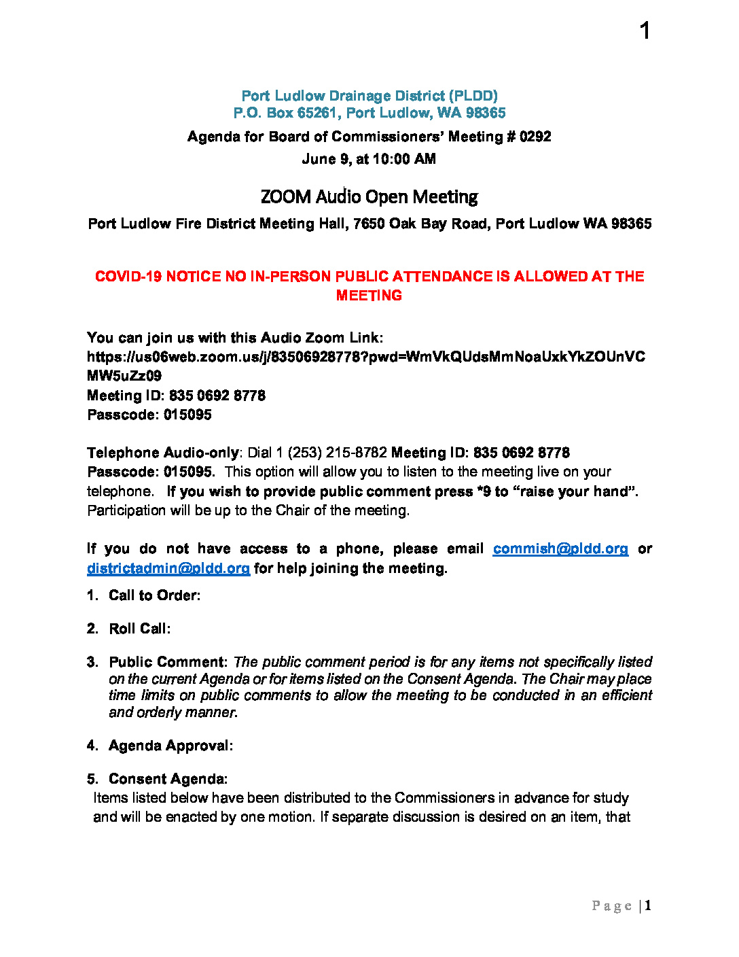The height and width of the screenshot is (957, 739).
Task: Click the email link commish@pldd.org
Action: pyautogui.click(x=560, y=549)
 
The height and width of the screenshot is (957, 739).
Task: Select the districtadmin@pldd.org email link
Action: pyautogui.click(x=168, y=568)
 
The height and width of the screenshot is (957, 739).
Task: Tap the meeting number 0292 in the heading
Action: pyautogui.click(x=535, y=137)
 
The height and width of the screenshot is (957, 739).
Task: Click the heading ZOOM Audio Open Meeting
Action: pyautogui.click(x=369, y=197)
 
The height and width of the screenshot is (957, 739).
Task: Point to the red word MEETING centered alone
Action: pyautogui.click(x=369, y=296)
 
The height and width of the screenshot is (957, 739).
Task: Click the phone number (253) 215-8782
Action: pyautogui.click(x=338, y=453)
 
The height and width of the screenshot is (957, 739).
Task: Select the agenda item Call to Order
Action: pyautogui.click(x=154, y=595)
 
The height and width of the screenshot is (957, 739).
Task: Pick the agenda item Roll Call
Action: pyautogui.click(x=139, y=629)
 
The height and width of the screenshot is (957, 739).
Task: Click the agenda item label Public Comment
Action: pyautogui.click(x=168, y=662)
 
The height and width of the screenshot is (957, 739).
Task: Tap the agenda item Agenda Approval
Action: pyautogui.click(x=170, y=746)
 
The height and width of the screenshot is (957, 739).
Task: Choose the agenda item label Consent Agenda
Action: pyautogui.click(x=168, y=779)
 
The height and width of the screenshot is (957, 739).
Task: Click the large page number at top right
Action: pyautogui.click(x=645, y=31)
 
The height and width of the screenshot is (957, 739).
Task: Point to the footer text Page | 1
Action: pyautogui.click(x=621, y=905)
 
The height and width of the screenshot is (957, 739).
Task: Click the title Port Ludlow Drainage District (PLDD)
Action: pyautogui.click(x=369, y=96)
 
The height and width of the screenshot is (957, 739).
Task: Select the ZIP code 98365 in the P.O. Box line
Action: pyautogui.click(x=486, y=113)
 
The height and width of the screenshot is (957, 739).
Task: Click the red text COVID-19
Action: pyautogui.click(x=128, y=277)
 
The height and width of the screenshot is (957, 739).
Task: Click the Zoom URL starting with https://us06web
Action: pyautogui.click(x=365, y=357)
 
